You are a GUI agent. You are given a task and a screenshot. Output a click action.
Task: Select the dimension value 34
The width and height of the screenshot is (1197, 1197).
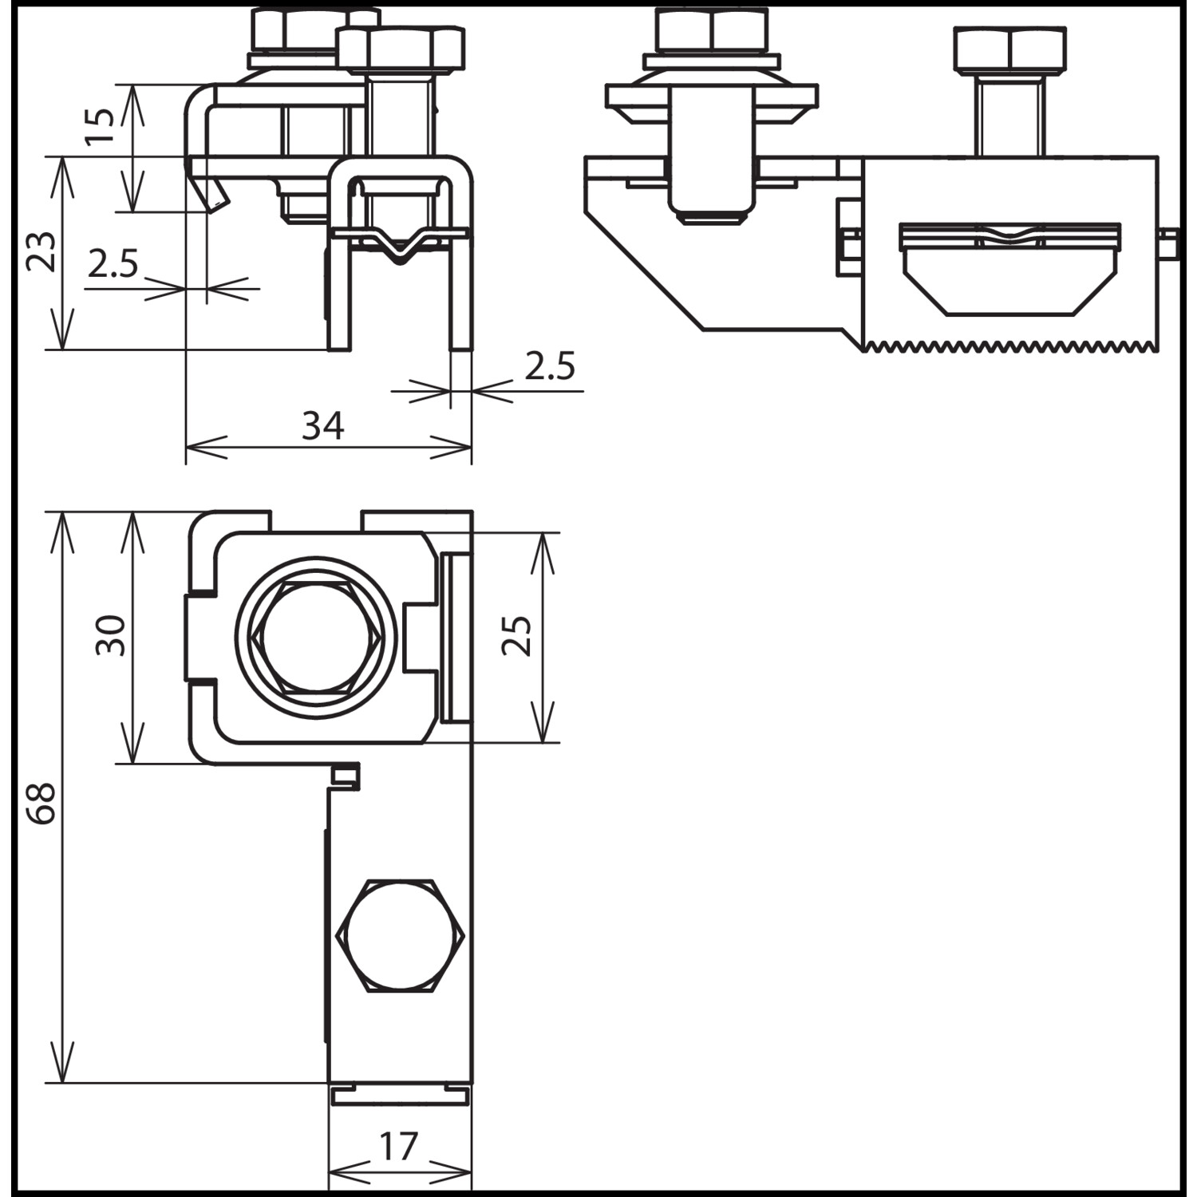323,426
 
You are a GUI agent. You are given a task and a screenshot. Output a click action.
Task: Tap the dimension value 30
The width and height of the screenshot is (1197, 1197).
111,635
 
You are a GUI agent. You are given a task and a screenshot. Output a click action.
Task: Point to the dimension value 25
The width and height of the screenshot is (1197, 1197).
516,635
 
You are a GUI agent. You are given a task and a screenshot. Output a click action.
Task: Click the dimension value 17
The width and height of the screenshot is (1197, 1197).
398,1147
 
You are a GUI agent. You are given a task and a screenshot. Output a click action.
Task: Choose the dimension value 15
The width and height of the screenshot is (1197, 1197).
99,127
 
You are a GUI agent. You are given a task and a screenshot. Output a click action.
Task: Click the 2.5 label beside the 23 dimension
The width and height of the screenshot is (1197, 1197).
113,263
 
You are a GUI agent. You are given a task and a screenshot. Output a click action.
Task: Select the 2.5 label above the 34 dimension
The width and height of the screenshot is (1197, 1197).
550,366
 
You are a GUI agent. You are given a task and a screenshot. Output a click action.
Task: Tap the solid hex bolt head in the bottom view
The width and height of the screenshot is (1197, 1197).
401,935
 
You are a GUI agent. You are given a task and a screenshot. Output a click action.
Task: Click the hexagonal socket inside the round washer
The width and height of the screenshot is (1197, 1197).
317,636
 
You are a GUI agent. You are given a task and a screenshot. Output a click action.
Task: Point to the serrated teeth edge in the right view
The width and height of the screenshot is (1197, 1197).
1010,346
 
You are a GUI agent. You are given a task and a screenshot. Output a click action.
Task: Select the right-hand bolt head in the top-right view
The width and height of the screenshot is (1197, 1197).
1009,49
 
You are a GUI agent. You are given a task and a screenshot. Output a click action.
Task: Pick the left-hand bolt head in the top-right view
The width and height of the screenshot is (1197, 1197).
713,30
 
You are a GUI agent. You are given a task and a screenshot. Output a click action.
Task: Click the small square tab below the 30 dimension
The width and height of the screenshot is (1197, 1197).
345,774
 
